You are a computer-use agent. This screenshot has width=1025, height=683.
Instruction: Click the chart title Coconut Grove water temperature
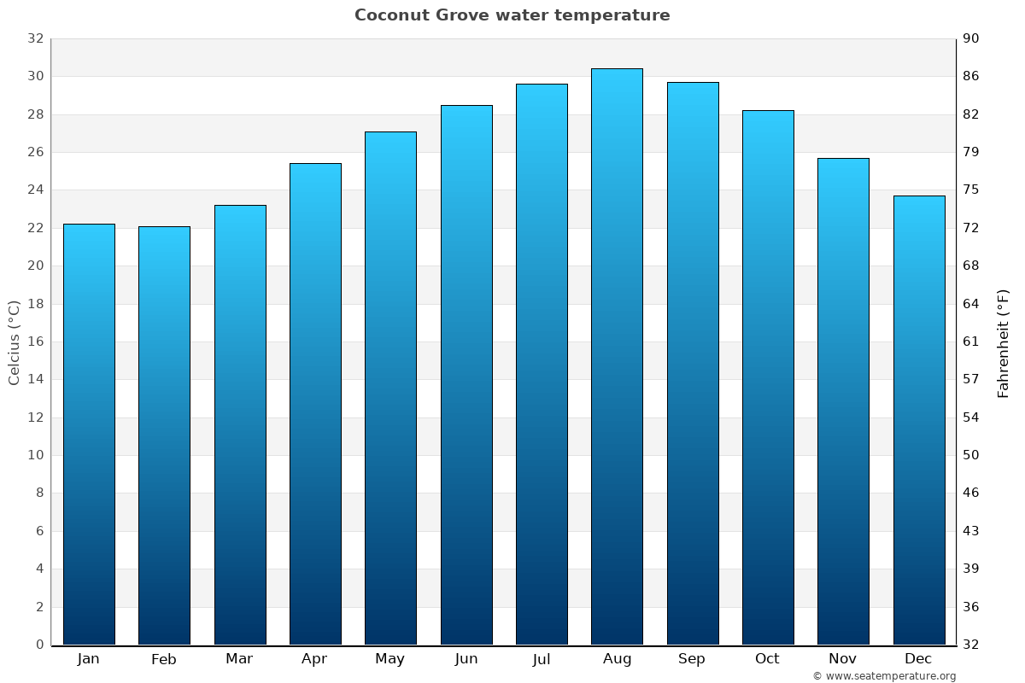pos(512,15)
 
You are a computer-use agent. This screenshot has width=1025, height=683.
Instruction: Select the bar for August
pos(617,359)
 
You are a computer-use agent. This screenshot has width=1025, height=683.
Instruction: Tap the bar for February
pos(164,435)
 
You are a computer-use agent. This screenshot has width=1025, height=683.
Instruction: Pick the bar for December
pos(919,418)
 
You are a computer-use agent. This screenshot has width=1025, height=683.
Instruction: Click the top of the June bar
pos(466,107)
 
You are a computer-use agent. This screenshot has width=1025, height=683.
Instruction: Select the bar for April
pos(315,401)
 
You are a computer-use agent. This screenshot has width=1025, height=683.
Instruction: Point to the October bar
pos(768,376)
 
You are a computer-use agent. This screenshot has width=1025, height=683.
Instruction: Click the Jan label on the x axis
pos(88,659)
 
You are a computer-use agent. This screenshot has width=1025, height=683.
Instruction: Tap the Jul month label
pos(541,659)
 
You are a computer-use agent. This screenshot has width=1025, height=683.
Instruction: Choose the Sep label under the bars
pos(692,659)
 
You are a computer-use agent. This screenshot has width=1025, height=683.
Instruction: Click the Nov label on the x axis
pos(843,659)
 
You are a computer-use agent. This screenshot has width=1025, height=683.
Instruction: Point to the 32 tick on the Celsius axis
pos(35,38)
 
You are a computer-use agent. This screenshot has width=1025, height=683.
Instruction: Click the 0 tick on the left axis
pos(39,645)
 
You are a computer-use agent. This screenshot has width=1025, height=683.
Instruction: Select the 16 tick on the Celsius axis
pos(35,341)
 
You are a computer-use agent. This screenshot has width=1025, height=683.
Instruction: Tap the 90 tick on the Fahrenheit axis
pos(971,38)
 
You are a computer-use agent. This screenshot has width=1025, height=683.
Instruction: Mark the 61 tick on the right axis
pos(971,341)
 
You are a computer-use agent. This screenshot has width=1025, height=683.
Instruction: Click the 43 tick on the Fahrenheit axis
pos(971,531)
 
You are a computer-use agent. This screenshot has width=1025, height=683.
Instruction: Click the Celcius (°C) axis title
pos(14,341)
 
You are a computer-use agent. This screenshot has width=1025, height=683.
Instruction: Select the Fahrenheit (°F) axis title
pos(1003,342)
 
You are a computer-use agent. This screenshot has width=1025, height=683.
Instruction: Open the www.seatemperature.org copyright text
pos(884,676)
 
